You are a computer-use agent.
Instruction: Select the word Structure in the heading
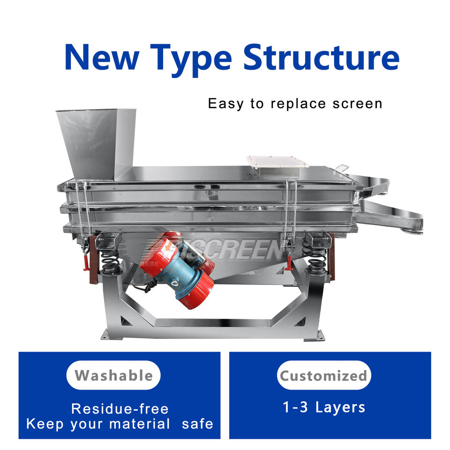point(321,56)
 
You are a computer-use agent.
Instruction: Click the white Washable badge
point(113,375)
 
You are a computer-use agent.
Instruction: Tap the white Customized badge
point(323,375)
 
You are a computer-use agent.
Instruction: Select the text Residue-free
point(120,408)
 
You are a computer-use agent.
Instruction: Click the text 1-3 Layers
point(323,407)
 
